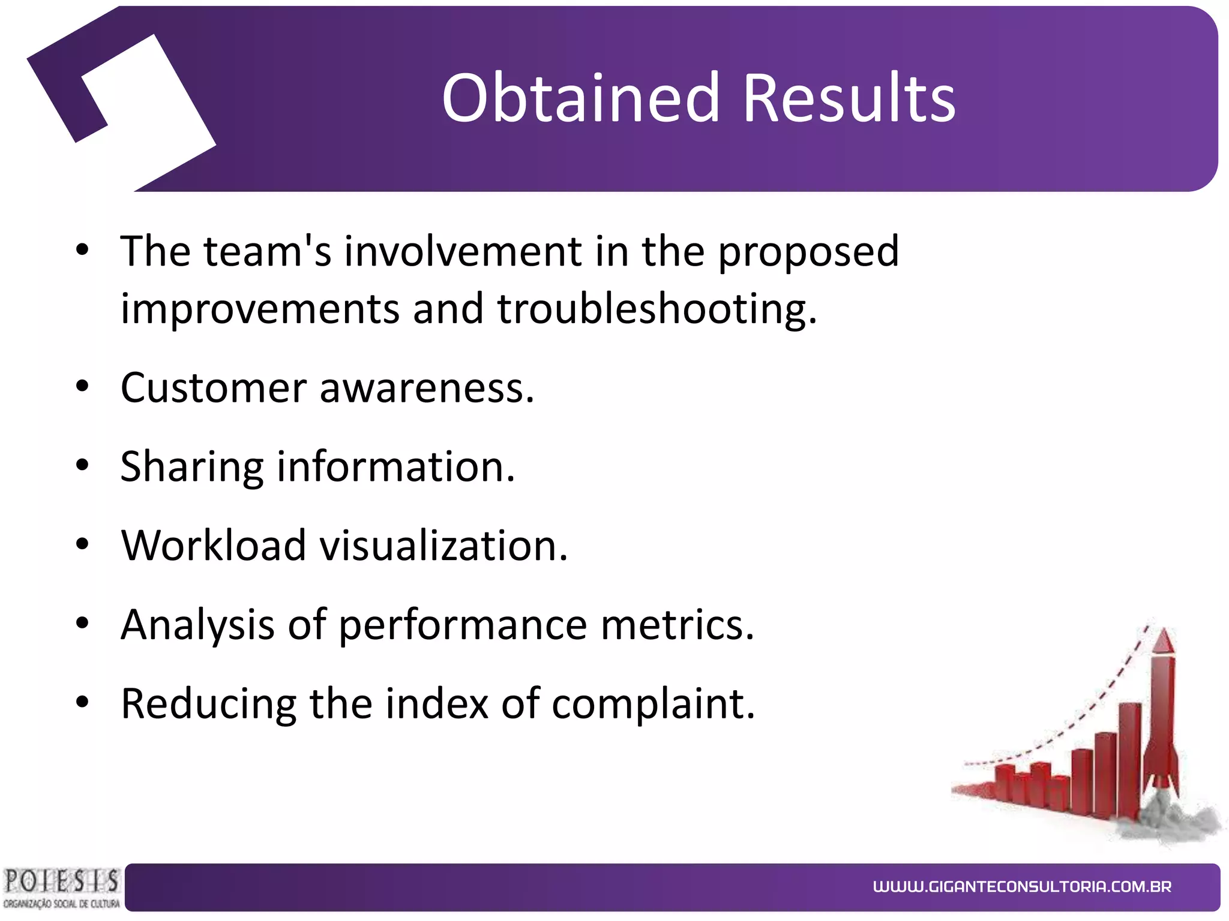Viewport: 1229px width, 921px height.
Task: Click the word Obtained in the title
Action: pos(580,98)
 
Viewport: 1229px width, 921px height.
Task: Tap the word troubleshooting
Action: pos(657,309)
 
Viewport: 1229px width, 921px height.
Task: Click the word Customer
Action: pos(214,388)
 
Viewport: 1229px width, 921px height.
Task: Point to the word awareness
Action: pos(427,388)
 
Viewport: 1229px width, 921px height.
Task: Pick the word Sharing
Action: pos(191,468)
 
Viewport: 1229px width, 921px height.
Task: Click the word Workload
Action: pos(213,546)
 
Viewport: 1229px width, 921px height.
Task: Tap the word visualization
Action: pos(443,546)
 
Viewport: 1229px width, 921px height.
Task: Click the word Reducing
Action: pos(208,704)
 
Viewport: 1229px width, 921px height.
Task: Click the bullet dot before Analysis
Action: pos(82,624)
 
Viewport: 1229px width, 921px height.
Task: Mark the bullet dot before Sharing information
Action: pos(82,465)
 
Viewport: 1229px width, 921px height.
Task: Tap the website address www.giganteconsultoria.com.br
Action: pos(1022,887)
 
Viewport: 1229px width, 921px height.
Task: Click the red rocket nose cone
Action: pos(1164,642)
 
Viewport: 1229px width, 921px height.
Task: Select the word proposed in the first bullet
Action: pos(808,252)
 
